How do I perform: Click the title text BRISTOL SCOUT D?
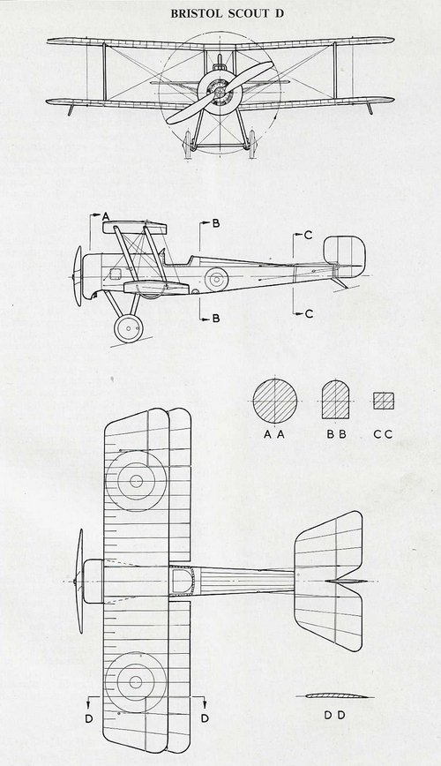coord(227,13)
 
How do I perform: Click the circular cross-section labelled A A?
coord(275,401)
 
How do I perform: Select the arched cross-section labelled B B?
coord(335,401)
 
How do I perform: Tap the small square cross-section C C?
coord(384,401)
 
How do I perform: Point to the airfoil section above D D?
coord(334,696)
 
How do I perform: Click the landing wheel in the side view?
coord(129,327)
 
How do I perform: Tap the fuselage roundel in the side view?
coord(216,279)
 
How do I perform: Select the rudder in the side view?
coord(345,254)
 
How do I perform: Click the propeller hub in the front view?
coord(220,90)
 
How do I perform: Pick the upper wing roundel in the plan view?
coord(136,481)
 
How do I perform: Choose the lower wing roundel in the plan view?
coord(136,681)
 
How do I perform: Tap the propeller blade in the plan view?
coord(79,582)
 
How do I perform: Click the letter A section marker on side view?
coord(106,215)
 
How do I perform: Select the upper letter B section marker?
coord(215,224)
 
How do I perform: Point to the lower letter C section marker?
coord(309,313)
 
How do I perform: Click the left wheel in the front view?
coord(188,143)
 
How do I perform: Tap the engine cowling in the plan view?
coord(93,582)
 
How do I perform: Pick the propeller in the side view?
coord(78,276)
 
